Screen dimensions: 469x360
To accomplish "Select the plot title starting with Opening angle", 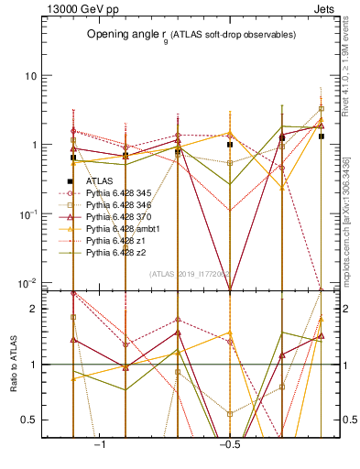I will pos(191,35).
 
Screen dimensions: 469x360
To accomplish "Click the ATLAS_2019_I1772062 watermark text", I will pos(190,273).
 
